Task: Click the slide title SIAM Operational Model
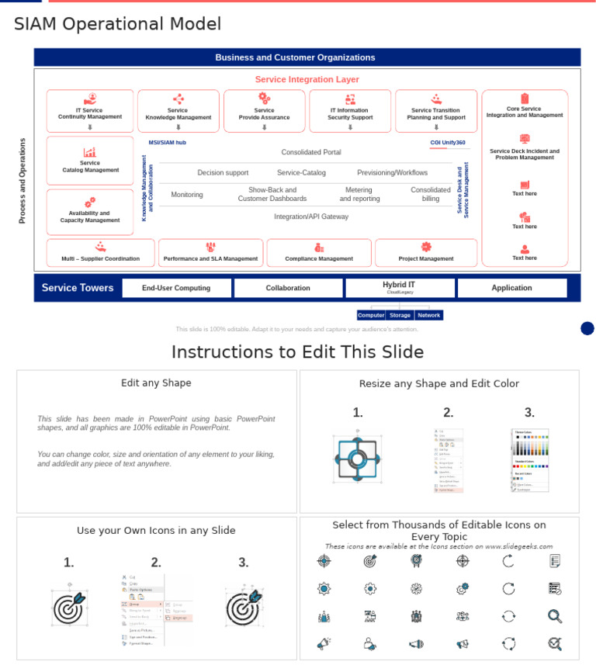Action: pyautogui.click(x=117, y=24)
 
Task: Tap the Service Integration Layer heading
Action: pyautogui.click(x=307, y=79)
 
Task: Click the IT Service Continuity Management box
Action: pyautogui.click(x=90, y=111)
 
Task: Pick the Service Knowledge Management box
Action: pyautogui.click(x=178, y=111)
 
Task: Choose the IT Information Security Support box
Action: pyautogui.click(x=350, y=111)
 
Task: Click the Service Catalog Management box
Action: pyautogui.click(x=90, y=161)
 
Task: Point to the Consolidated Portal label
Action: pyautogui.click(x=310, y=152)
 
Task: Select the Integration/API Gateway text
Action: pyautogui.click(x=310, y=216)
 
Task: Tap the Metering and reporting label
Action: pyautogui.click(x=359, y=194)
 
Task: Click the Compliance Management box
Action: pyautogui.click(x=318, y=253)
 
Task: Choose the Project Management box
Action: pyautogui.click(x=426, y=253)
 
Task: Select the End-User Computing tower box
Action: pyautogui.click(x=176, y=288)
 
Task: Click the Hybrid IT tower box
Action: pyautogui.click(x=400, y=287)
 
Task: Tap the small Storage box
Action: pyautogui.click(x=400, y=315)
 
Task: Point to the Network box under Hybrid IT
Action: pyautogui.click(x=428, y=315)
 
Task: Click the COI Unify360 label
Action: pyautogui.click(x=448, y=143)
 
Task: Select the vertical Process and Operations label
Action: pyautogui.click(x=23, y=181)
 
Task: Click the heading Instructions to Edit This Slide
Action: pyautogui.click(x=297, y=352)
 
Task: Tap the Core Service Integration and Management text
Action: pyautogui.click(x=525, y=112)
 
